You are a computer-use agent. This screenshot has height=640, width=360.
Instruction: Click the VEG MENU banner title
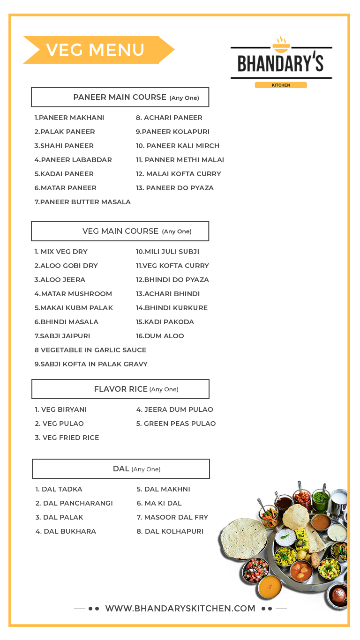coord(96,50)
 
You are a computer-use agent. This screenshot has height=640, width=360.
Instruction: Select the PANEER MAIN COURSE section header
coord(120,97)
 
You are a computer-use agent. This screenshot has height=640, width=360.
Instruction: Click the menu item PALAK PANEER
coord(65,132)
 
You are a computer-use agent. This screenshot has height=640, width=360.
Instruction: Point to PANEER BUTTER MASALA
coord(82,202)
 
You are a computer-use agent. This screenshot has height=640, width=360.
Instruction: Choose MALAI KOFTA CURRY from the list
coord(179,174)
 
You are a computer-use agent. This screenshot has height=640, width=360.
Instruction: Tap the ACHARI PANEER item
coord(169,118)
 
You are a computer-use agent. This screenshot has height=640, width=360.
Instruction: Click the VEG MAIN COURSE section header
coord(120,231)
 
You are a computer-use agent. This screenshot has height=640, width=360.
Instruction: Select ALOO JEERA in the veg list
coord(60,280)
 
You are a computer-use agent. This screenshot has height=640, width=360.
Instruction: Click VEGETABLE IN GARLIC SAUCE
coord(90,350)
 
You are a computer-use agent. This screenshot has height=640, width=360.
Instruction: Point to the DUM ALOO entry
coord(160,336)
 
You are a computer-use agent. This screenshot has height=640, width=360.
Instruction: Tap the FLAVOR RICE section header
coord(120,389)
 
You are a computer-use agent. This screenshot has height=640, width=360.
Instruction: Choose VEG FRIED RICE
coord(67,438)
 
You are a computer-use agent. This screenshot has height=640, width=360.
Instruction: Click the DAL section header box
coord(121,469)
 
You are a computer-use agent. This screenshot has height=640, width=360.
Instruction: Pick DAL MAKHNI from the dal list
coord(164,489)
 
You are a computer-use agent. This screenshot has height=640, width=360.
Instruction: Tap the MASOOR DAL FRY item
coord(172,517)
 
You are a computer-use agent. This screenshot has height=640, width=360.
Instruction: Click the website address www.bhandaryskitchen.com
coord(180,609)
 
